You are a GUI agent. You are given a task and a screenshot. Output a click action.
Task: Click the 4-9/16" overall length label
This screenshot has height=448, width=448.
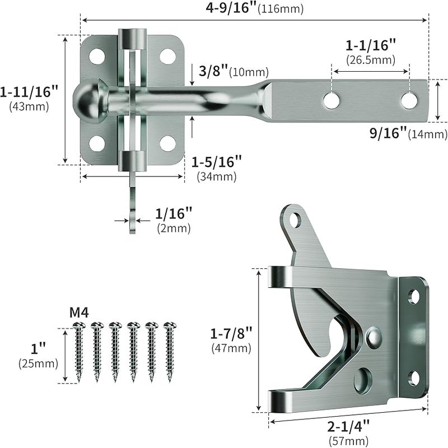tap(231, 7)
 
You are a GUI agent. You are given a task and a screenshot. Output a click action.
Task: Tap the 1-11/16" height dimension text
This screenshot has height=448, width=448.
tap(29, 92)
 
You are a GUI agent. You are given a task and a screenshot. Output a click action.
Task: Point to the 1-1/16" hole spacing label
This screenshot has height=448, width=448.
tap(371, 45)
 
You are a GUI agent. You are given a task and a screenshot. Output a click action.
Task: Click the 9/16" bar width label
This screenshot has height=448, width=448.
tap(388, 133)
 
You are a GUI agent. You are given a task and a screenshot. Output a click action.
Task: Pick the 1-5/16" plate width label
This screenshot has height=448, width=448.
tap(217, 162)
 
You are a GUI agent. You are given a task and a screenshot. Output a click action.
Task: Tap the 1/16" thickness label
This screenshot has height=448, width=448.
tap(174, 213)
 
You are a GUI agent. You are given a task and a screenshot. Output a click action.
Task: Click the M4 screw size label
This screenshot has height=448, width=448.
tap(79, 313)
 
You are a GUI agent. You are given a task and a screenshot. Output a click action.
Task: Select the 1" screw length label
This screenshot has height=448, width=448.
tap(38, 348)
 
